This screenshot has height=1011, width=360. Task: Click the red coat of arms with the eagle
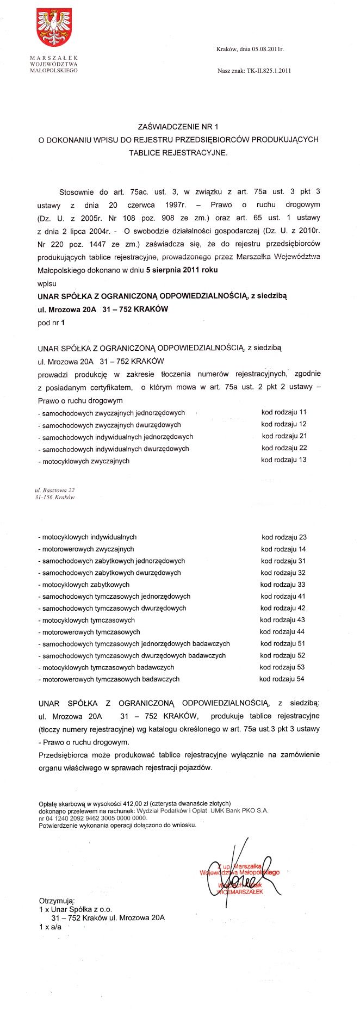pos(54,27)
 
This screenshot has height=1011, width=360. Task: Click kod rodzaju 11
pos(284,412)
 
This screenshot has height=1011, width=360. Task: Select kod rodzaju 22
pos(284,448)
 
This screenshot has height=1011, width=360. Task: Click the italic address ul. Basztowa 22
pos(54,490)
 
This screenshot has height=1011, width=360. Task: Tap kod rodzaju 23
pos(283,537)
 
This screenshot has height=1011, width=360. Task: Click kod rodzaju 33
pos(283,585)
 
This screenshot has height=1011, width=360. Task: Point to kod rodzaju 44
pos(282,632)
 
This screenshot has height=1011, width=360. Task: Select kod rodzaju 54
pos(282,679)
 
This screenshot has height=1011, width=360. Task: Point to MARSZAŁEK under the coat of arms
pos(54,58)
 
